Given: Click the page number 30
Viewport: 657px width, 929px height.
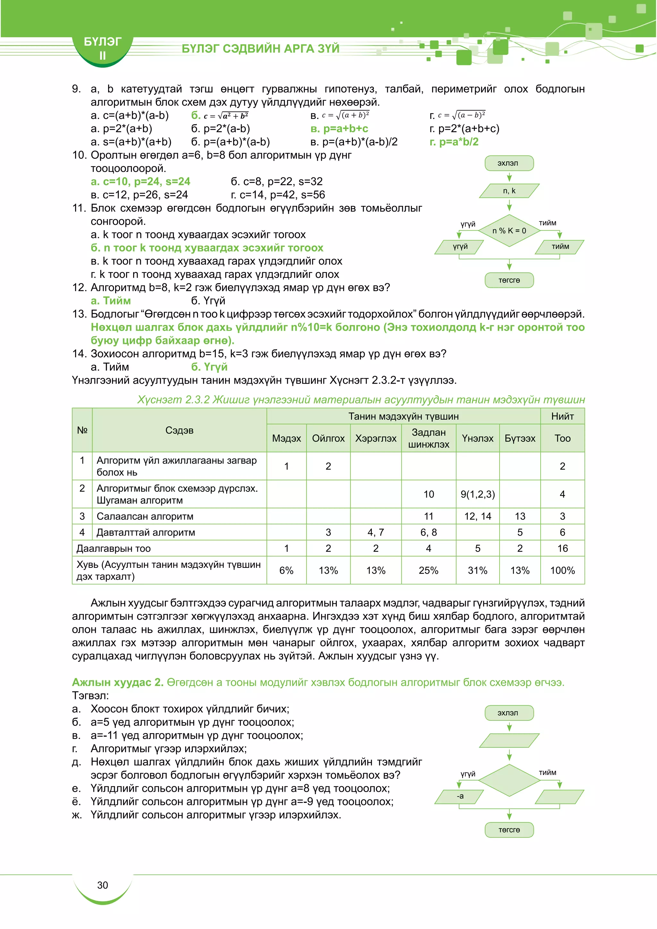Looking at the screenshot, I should point(102,885).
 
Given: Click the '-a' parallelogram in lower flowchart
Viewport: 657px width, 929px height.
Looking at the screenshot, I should point(460,796).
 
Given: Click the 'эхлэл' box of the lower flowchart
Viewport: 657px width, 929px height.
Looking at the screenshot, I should point(509,713).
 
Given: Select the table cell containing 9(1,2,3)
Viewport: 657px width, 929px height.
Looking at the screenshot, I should point(477,494).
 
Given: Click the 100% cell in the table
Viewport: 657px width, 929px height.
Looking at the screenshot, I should point(562,570).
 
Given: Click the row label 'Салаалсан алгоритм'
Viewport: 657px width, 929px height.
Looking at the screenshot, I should point(145,516).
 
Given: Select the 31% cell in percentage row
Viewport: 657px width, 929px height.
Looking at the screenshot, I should point(477,570).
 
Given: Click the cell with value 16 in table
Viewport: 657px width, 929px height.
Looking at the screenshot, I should point(562,548).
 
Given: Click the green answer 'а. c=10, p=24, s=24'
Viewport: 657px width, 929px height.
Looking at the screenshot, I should point(141,182).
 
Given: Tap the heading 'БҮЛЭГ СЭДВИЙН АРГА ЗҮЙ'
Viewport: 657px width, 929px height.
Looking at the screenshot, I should point(260,48).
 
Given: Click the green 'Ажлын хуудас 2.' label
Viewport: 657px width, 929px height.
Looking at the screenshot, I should point(117,682).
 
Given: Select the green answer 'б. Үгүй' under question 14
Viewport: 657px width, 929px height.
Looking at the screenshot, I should point(209,367).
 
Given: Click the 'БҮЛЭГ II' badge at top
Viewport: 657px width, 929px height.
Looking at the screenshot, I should point(102,48).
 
